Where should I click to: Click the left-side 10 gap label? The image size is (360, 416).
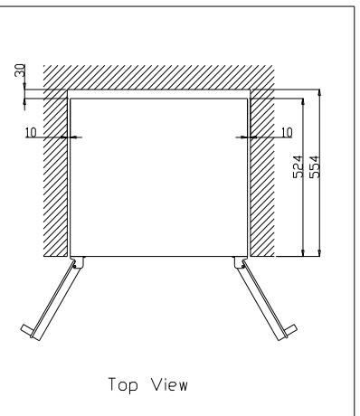(56, 131)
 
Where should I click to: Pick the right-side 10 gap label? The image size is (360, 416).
(287, 131)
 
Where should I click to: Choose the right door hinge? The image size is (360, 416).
(240, 262)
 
